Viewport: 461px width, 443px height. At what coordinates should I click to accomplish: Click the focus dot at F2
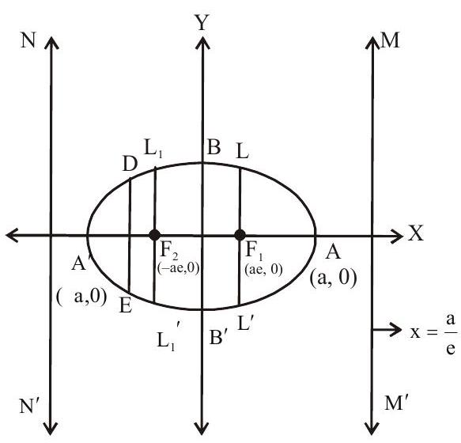(x=155, y=235)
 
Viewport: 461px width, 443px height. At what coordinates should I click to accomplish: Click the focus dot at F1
(x=240, y=235)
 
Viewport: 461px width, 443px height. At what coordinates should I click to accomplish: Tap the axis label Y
(x=202, y=23)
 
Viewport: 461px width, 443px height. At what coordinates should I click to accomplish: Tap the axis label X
(x=415, y=233)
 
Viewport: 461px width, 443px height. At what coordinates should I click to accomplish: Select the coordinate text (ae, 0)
(x=263, y=269)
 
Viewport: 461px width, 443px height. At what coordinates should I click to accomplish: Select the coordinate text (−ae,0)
(x=179, y=268)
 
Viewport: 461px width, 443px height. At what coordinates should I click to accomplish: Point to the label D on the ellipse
(x=130, y=164)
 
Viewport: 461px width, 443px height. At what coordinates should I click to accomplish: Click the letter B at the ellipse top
(x=213, y=147)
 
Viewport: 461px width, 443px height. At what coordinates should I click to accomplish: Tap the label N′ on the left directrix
(x=29, y=406)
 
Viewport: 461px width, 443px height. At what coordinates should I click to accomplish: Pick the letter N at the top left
(x=28, y=40)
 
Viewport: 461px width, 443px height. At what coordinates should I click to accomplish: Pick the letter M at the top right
(x=390, y=40)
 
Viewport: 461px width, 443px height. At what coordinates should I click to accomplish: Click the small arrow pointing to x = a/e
(x=387, y=329)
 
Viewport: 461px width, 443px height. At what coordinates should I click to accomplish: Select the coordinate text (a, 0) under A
(x=333, y=278)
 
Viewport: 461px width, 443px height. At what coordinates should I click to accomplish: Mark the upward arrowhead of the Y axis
(x=202, y=43)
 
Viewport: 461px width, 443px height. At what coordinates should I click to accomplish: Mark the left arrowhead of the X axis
(x=13, y=235)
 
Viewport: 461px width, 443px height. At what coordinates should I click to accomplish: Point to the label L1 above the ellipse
(x=153, y=150)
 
